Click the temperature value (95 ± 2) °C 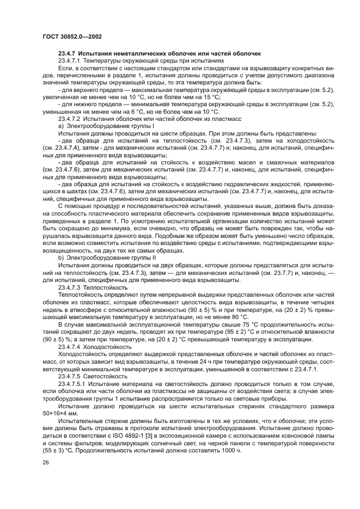tap(224, 329)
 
